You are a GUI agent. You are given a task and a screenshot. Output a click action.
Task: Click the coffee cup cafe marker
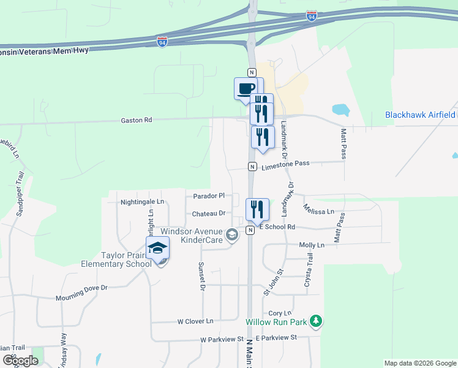[246, 88]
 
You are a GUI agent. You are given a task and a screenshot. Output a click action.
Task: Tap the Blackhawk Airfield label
[420, 115]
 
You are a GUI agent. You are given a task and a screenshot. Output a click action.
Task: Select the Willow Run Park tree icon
[316, 321]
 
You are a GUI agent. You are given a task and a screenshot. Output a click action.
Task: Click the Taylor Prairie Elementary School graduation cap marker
[157, 248]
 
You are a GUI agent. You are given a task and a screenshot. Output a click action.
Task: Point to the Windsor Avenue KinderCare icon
[232, 235]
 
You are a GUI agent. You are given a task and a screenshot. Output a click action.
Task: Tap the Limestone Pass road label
[285, 164]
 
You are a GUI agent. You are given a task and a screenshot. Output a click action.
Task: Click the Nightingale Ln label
[143, 201]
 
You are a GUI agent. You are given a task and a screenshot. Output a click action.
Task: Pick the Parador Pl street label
[209, 196]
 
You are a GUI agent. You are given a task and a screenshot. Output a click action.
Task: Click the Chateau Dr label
[209, 213]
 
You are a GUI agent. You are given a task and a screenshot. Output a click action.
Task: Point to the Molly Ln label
[312, 245]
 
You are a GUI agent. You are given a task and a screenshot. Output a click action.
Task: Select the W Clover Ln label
[195, 321]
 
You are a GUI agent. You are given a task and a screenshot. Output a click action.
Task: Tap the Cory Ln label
[279, 313]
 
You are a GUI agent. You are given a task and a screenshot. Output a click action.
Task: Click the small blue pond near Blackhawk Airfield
[340, 110]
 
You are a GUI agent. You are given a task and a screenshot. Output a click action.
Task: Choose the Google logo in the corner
[20, 361]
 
